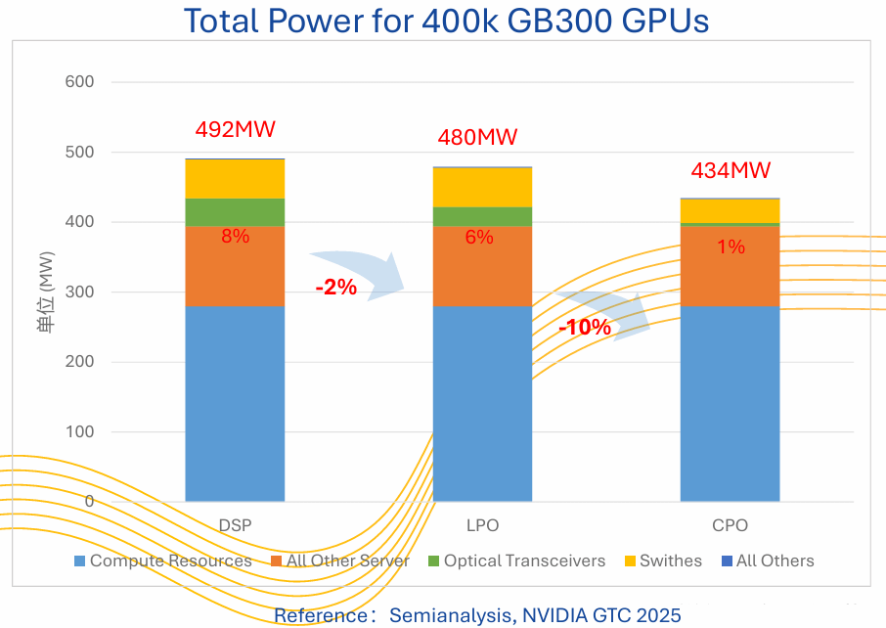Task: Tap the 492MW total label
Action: tap(235, 130)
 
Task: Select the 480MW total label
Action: tap(478, 138)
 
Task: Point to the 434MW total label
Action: tap(731, 170)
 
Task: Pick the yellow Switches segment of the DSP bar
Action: tap(235, 179)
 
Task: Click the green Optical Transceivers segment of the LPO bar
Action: tap(482, 216)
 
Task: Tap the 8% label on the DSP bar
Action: tap(235, 236)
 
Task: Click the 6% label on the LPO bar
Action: tap(479, 237)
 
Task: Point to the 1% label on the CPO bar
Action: tap(731, 247)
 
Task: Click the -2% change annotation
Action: tap(335, 289)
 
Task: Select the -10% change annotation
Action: tap(584, 328)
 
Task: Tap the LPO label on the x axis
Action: tap(482, 525)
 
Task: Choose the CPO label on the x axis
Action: tap(731, 525)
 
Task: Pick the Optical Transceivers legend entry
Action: tap(516, 561)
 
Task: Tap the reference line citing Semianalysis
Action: tap(476, 615)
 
